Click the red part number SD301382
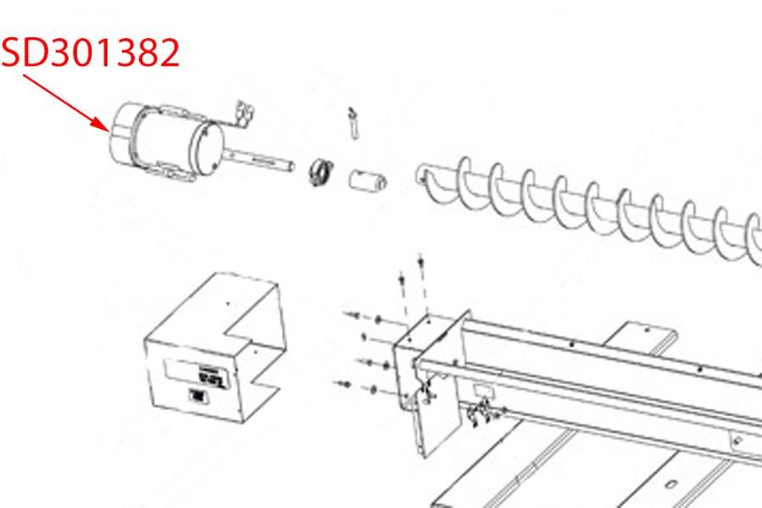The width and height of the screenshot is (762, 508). click(91, 52)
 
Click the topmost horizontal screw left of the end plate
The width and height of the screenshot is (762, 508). click(352, 316)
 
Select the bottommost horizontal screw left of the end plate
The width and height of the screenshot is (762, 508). click(346, 385)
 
